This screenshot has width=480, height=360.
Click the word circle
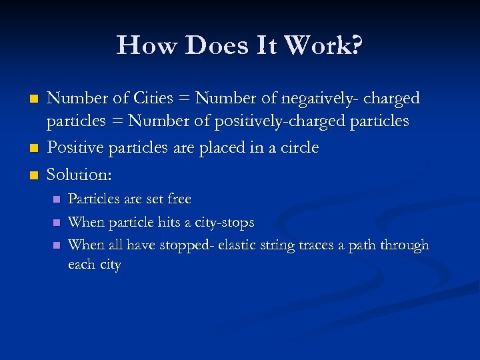(297, 147)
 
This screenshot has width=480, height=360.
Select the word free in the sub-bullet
(178, 199)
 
